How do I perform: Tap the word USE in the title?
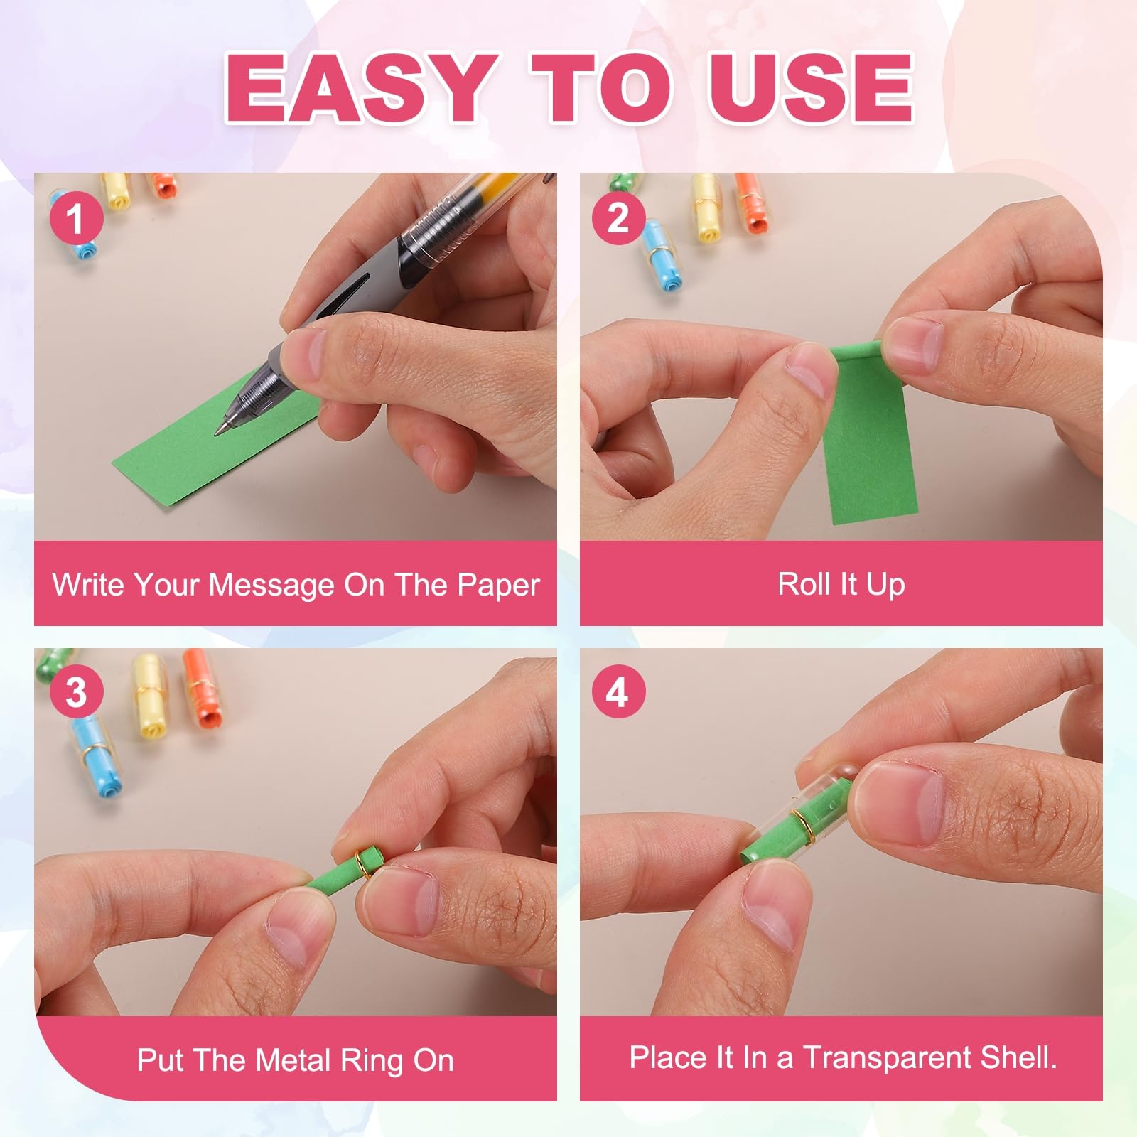810,88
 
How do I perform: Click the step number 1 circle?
76,217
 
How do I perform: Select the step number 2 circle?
618,217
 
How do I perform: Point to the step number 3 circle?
76,691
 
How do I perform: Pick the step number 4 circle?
618,691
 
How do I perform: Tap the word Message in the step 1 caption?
272,586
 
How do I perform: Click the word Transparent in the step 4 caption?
887,1058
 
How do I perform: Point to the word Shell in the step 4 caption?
1014,1057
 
